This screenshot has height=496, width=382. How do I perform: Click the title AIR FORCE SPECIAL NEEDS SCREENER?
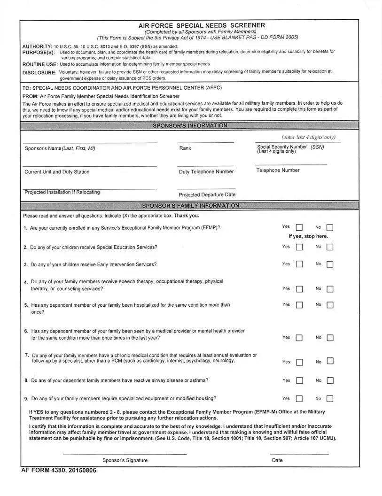202,25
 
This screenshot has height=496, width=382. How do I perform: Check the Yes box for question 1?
299,228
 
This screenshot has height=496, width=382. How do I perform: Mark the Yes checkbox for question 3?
299,265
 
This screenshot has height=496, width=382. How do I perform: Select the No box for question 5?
329,305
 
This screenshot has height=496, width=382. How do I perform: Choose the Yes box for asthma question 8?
299,381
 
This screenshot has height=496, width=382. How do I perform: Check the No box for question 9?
329,399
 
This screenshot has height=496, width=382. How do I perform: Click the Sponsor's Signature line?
125,454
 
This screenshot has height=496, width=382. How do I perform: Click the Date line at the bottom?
299,454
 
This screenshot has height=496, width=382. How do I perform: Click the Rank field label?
185,148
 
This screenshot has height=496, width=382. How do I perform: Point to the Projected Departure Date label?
207,195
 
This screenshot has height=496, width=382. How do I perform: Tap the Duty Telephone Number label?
206,172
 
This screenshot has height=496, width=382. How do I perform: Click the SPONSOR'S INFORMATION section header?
190,125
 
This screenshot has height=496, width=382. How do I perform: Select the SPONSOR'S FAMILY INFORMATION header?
190,206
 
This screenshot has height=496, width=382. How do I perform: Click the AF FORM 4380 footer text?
59,471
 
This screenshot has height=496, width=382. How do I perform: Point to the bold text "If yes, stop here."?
308,236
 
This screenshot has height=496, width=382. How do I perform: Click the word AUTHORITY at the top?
37,46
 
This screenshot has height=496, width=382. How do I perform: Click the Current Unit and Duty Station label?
57,172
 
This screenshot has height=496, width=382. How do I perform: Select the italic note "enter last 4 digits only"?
308,138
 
